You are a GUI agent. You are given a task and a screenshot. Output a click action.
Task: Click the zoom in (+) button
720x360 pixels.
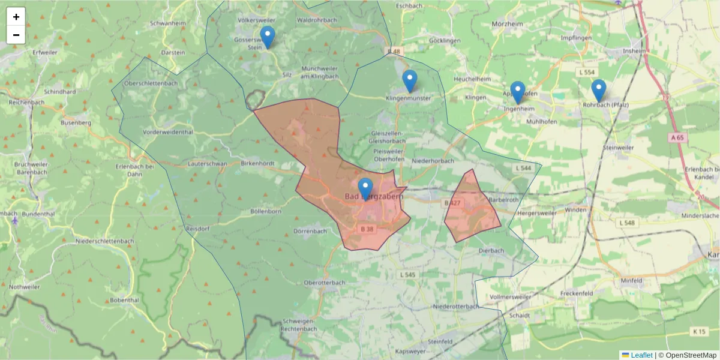pos(16,17)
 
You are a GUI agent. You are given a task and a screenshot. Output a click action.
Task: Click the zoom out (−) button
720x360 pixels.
pos(16,35)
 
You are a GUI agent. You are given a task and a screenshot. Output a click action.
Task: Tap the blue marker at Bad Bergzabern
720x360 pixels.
pos(365,188)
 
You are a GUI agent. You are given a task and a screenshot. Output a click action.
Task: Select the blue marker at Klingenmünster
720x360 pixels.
pos(410,80)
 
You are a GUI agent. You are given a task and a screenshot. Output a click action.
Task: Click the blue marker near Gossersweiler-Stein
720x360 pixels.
pos(268,37)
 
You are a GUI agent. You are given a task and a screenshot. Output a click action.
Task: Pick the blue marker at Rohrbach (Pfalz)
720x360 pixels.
pos(598,90)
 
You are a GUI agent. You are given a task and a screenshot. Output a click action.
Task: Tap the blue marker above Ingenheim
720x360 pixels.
pos(518,92)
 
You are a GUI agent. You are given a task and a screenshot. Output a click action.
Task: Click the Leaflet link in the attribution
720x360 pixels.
pos(641,355)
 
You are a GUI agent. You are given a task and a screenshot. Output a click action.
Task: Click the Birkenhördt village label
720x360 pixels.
pos(257,163)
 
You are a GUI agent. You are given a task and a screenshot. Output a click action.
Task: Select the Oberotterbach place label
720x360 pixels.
pos(324,282)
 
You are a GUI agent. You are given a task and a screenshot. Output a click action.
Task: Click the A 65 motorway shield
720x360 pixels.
pos(677,137)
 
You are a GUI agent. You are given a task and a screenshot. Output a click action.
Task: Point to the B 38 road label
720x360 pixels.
pos(367,229)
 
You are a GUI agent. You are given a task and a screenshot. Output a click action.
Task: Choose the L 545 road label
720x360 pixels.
pos(407,275)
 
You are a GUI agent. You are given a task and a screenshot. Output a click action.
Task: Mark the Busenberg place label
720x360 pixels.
pos(76,122)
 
